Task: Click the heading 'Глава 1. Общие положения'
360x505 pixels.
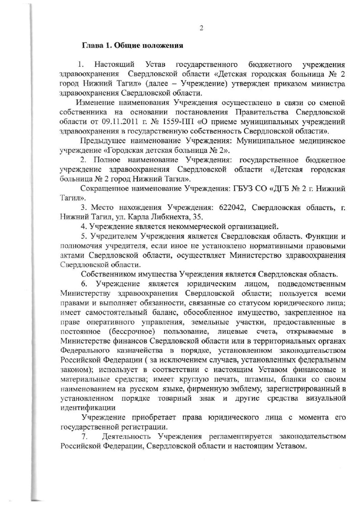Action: coord(133,46)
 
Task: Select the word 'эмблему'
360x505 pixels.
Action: coord(247,388)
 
